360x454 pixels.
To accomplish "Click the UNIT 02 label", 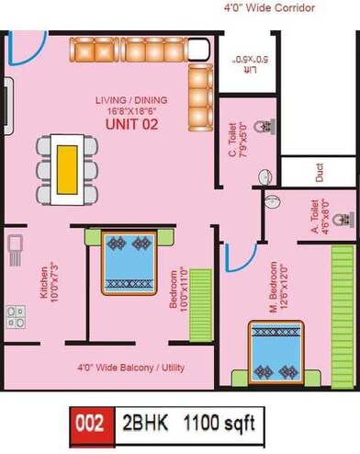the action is tap(132, 124).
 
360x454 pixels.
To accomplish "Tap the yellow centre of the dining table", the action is tap(67, 170).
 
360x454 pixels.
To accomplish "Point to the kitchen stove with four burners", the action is tap(17, 317).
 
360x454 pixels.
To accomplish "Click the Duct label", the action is tap(320, 173).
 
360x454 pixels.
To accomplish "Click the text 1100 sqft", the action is tap(219, 423).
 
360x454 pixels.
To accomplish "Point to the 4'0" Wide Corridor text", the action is tap(269, 7).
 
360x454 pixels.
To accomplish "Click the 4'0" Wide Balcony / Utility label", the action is tap(131, 368).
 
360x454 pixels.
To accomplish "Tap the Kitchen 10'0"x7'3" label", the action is tap(49, 282).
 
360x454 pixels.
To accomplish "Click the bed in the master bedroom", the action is tap(276, 352).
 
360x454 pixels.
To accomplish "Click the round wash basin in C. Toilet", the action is tap(265, 177).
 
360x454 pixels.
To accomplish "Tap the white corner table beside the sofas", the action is tap(198, 49).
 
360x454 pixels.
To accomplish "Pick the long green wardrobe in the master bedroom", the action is tap(343, 317).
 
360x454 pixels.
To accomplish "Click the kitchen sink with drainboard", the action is tap(16, 250).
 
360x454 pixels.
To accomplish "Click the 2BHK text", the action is tap(145, 423).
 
